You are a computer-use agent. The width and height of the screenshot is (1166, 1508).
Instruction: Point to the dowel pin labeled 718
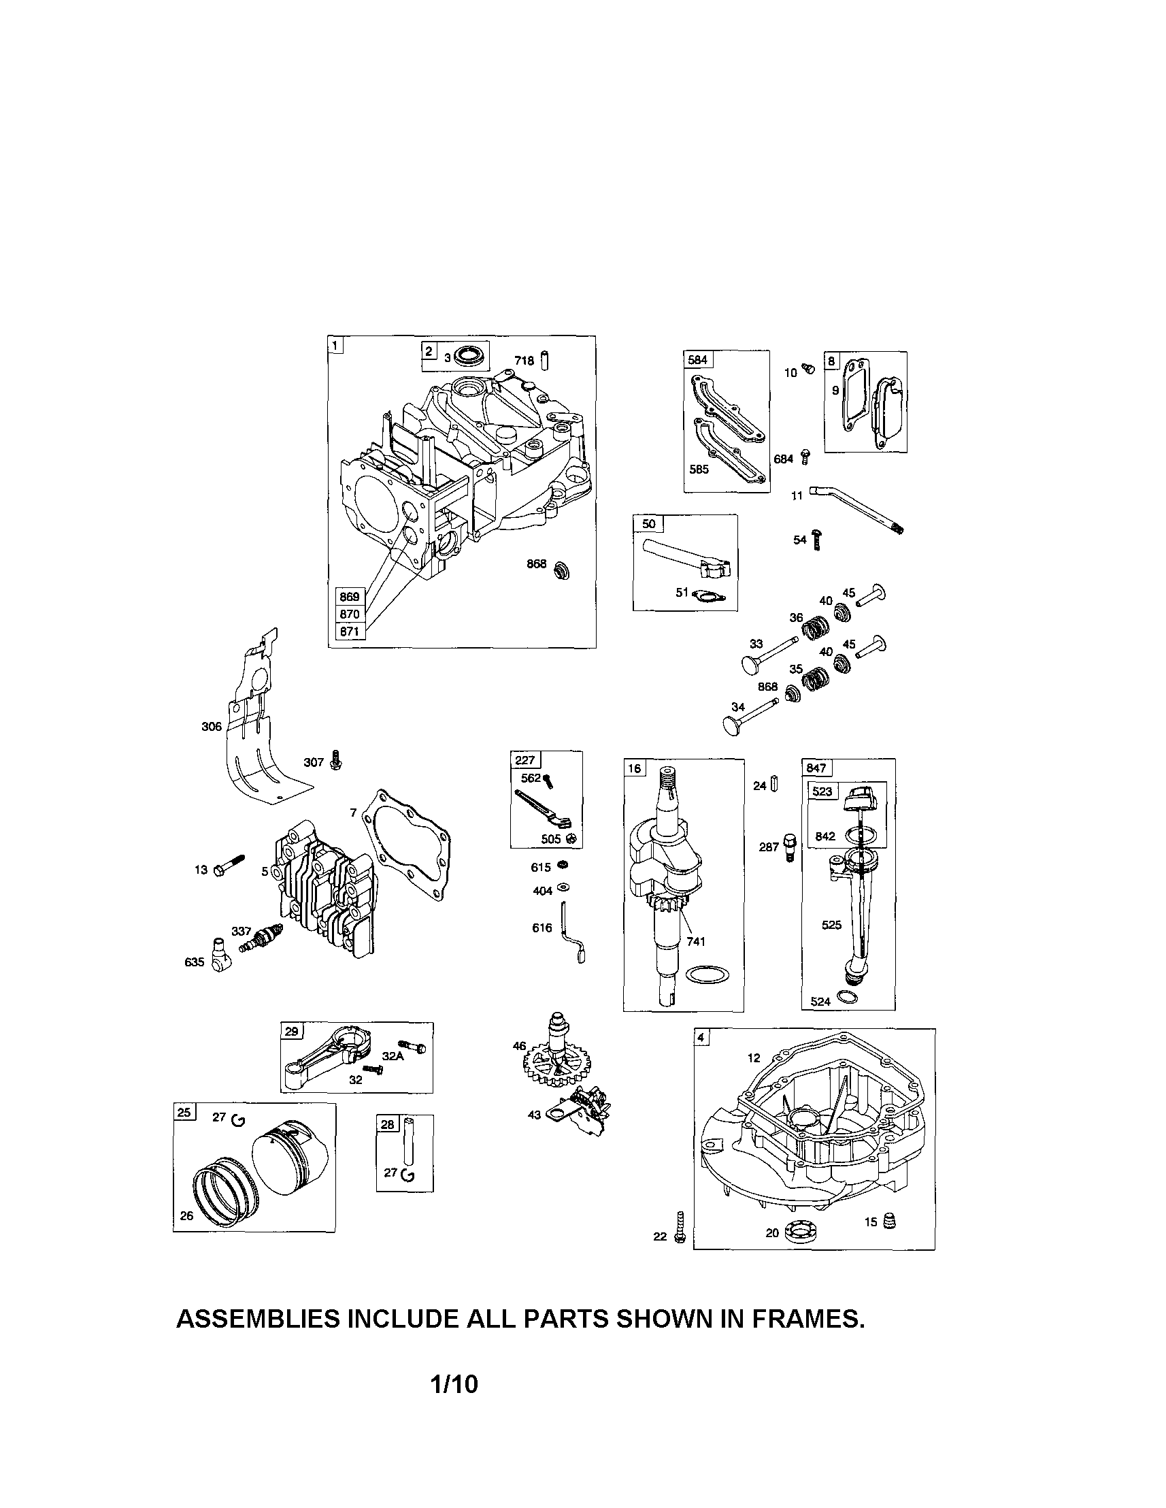point(544,360)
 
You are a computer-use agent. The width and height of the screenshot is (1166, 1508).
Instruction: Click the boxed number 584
point(697,360)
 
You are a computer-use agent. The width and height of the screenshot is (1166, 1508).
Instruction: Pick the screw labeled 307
point(336,760)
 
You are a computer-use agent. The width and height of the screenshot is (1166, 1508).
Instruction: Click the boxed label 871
point(349,631)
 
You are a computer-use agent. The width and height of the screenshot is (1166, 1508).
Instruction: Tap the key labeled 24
point(774,785)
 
